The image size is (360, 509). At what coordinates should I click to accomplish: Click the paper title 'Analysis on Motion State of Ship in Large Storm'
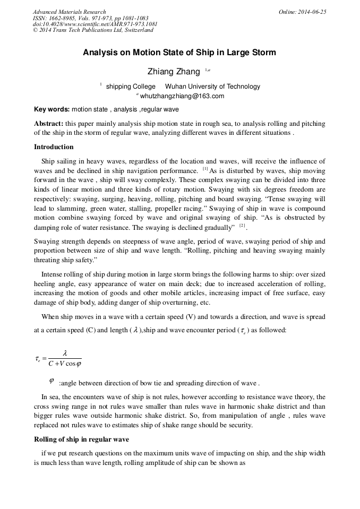pos(179,53)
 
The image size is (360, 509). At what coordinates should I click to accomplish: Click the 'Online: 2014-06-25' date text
pos(302,12)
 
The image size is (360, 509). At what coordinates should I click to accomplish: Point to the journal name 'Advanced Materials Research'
pos(70,12)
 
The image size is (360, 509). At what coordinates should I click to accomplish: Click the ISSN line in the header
pos(90,18)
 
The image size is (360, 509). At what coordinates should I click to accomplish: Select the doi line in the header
pos(95,24)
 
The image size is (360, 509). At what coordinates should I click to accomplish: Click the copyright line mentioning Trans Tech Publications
pos(93,30)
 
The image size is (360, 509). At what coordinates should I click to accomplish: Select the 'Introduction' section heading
pos(54,147)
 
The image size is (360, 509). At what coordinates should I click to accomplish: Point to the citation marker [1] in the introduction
pos(205,169)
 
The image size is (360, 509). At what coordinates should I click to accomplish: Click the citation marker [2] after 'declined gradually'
pos(242,226)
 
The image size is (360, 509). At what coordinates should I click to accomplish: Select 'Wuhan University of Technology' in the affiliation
pos(213,87)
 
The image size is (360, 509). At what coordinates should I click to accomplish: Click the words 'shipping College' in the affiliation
pos(131,87)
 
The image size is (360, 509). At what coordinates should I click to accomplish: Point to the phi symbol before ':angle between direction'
pos(52,380)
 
